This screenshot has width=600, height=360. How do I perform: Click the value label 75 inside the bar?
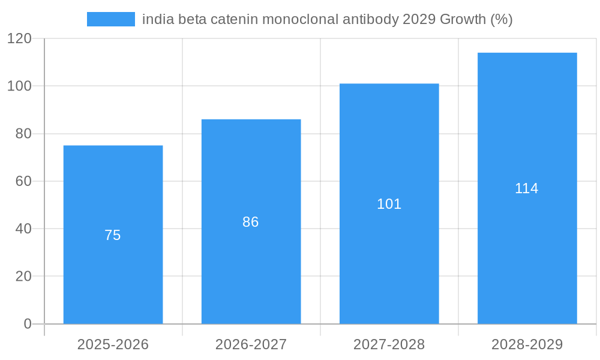pyautogui.click(x=113, y=235)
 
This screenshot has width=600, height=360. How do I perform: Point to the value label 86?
pyautogui.click(x=251, y=222)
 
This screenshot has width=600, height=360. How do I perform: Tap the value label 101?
pyautogui.click(x=389, y=204)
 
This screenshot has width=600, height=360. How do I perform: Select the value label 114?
pyautogui.click(x=527, y=188)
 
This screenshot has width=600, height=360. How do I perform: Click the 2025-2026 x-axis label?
pyautogui.click(x=113, y=344)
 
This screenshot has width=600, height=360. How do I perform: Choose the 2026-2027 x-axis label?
pyautogui.click(x=251, y=344)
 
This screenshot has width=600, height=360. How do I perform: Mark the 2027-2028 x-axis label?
pyautogui.click(x=389, y=344)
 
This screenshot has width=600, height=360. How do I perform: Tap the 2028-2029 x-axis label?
pyautogui.click(x=527, y=344)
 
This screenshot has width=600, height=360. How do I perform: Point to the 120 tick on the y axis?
pyautogui.click(x=19, y=38)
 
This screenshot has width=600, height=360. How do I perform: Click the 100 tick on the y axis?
pyautogui.click(x=19, y=86)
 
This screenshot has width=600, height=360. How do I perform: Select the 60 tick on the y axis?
pyautogui.click(x=23, y=181)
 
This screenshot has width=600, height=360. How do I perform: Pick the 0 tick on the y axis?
pyautogui.click(x=28, y=324)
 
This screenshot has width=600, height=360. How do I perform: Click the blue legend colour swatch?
pyautogui.click(x=110, y=19)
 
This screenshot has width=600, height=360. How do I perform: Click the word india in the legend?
pyautogui.click(x=155, y=19)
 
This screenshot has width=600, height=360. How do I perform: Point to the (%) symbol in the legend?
pyautogui.click(x=502, y=19)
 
